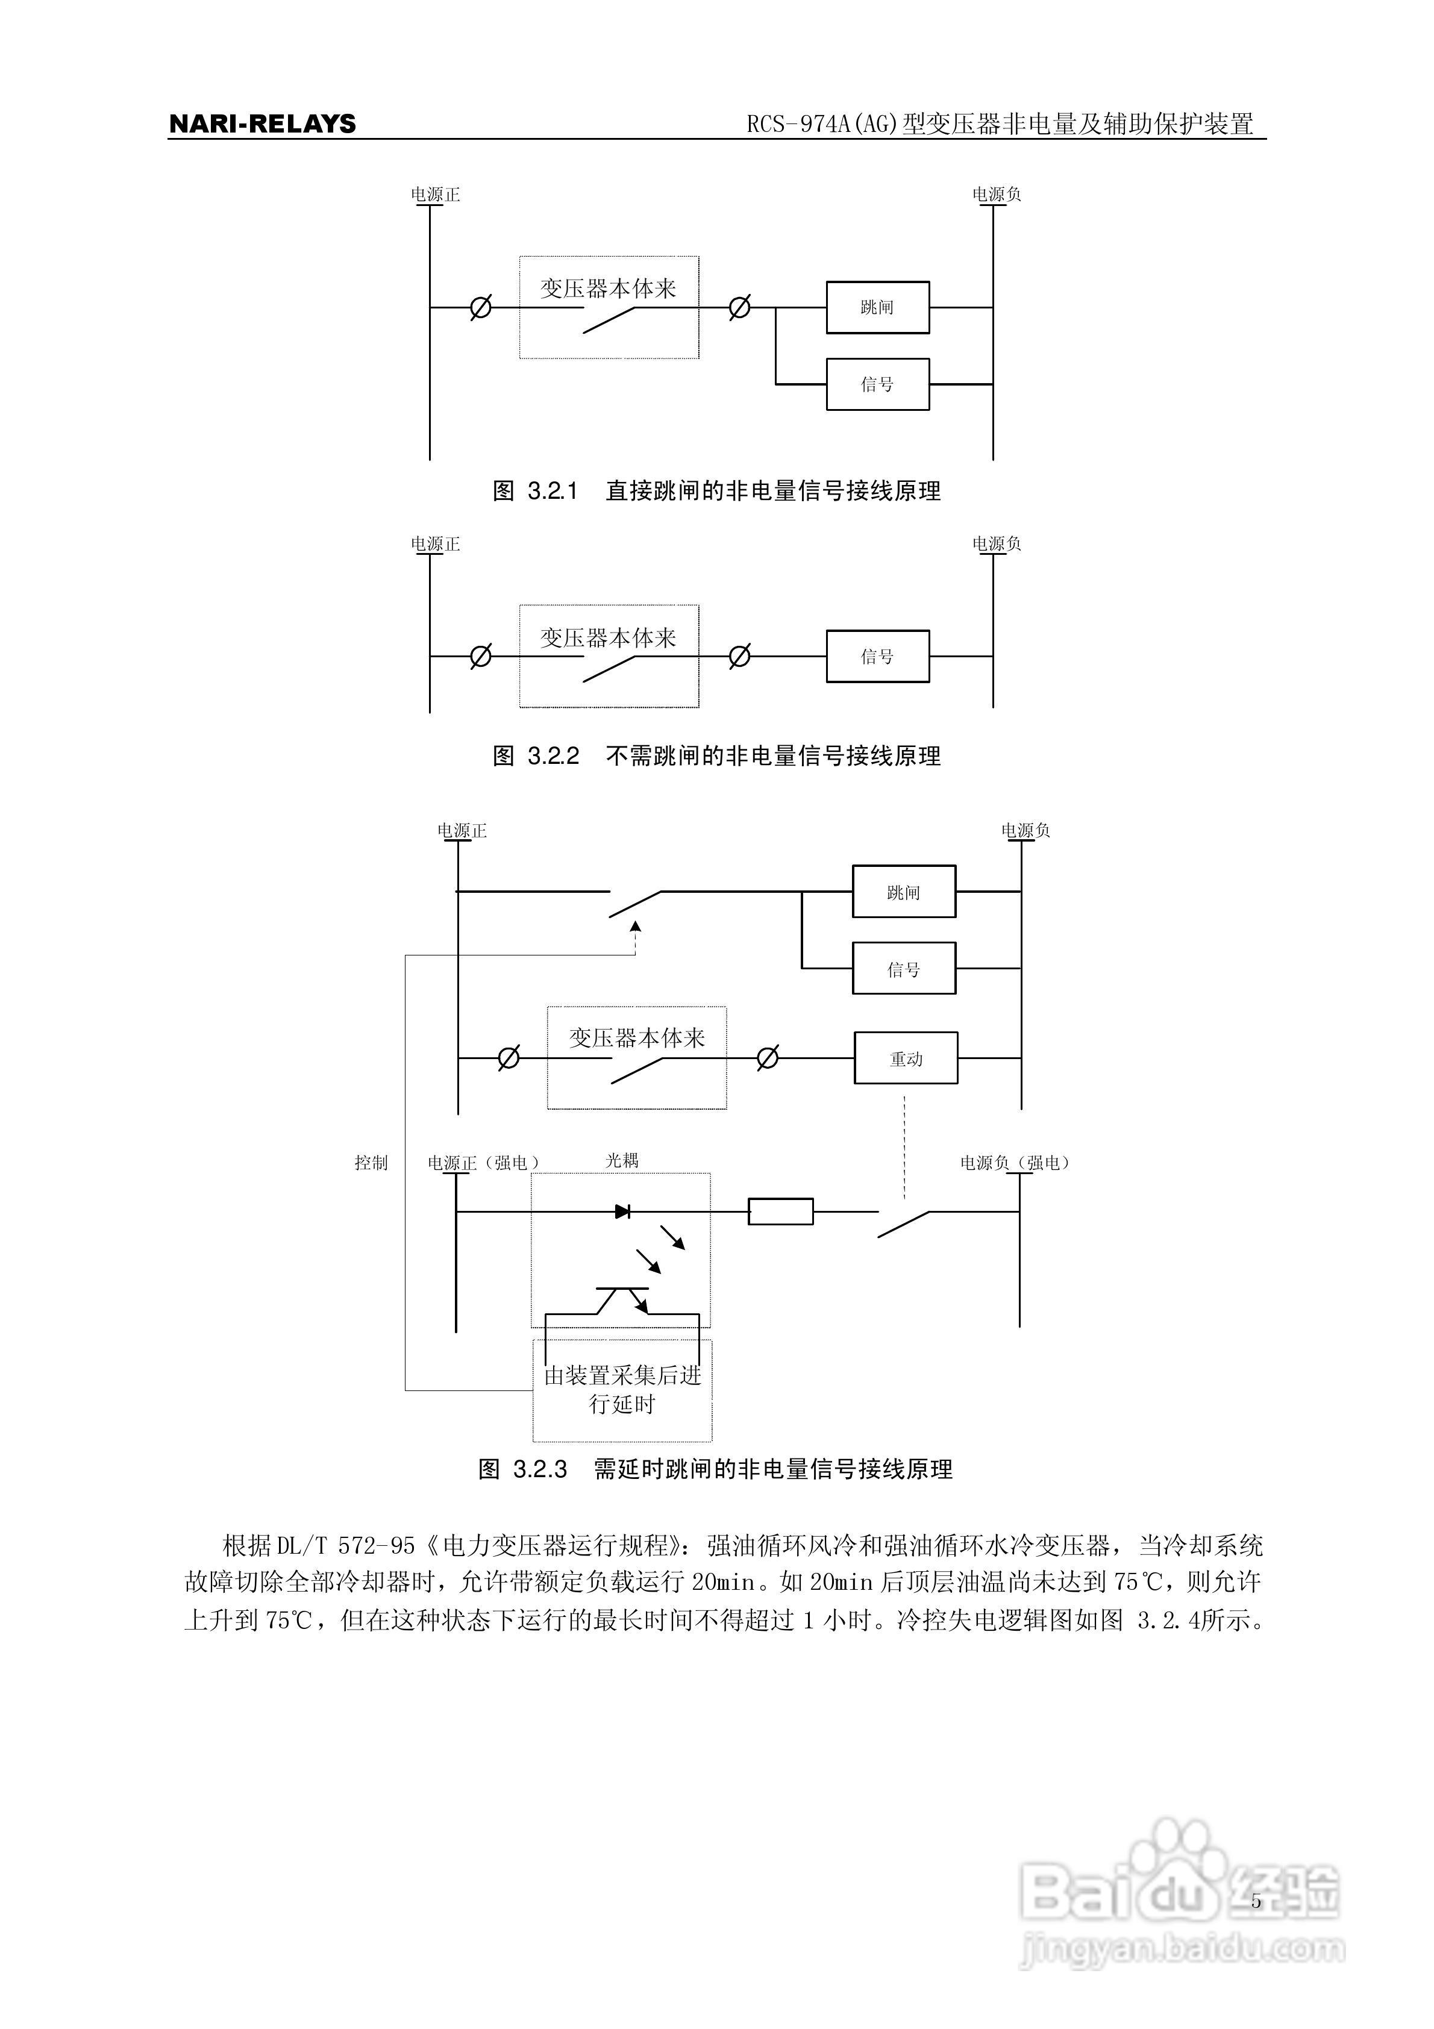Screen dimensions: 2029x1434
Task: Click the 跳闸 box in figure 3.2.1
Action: [x=877, y=307]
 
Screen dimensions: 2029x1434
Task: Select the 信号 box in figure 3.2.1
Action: [x=877, y=384]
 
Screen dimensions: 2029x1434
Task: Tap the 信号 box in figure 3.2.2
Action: [x=877, y=657]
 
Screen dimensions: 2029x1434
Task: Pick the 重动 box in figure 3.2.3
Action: [x=906, y=1058]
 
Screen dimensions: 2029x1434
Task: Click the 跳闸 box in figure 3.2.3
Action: [x=904, y=892]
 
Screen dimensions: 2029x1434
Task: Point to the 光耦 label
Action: [x=622, y=1160]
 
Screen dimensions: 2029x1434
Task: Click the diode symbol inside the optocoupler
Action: [x=622, y=1211]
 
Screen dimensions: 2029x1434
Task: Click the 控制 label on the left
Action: [x=371, y=1163]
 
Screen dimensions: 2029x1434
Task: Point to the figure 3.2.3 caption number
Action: [x=539, y=1469]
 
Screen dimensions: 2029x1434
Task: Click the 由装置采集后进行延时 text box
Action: [x=622, y=1389]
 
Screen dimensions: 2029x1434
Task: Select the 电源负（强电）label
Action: [x=1015, y=1163]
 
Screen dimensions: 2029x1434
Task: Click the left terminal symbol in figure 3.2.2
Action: [x=480, y=657]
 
